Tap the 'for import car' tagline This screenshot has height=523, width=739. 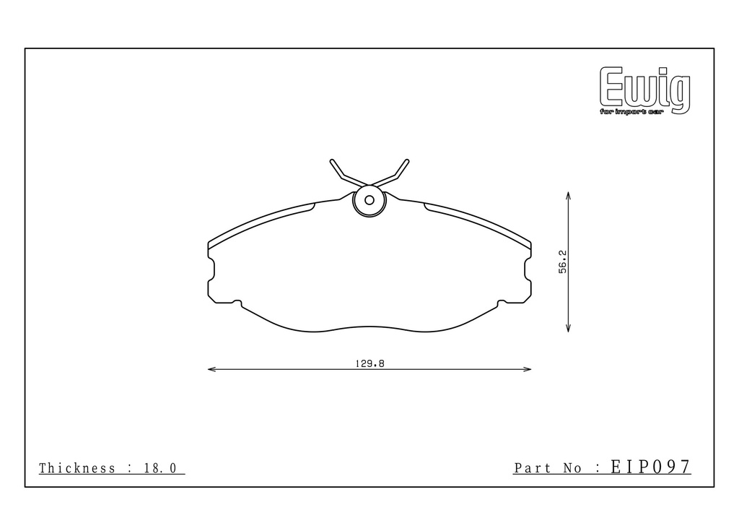tap(631, 112)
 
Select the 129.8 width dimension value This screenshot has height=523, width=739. tap(369, 363)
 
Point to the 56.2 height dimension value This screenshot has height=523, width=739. tap(563, 262)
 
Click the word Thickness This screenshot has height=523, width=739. tap(76, 468)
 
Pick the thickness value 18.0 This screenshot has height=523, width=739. tap(160, 468)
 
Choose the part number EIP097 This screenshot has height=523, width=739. tap(651, 467)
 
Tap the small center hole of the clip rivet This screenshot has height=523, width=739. tap(369, 200)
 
